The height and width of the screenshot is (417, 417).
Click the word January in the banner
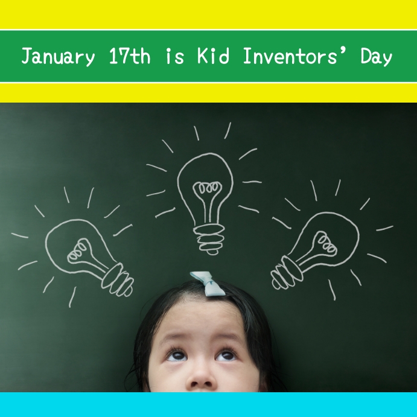58,57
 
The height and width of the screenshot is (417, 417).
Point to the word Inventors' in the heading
294,57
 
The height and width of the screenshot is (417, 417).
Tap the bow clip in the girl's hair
208,283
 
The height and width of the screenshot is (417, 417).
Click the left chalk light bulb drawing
88,253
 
